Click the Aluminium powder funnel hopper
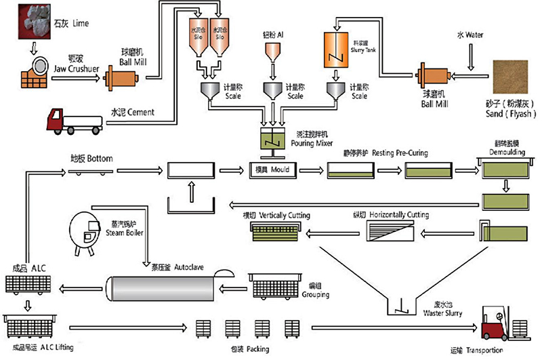tap(273, 53)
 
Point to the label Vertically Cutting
tap(284, 215)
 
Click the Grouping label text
tap(316, 295)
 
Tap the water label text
tap(474, 33)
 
